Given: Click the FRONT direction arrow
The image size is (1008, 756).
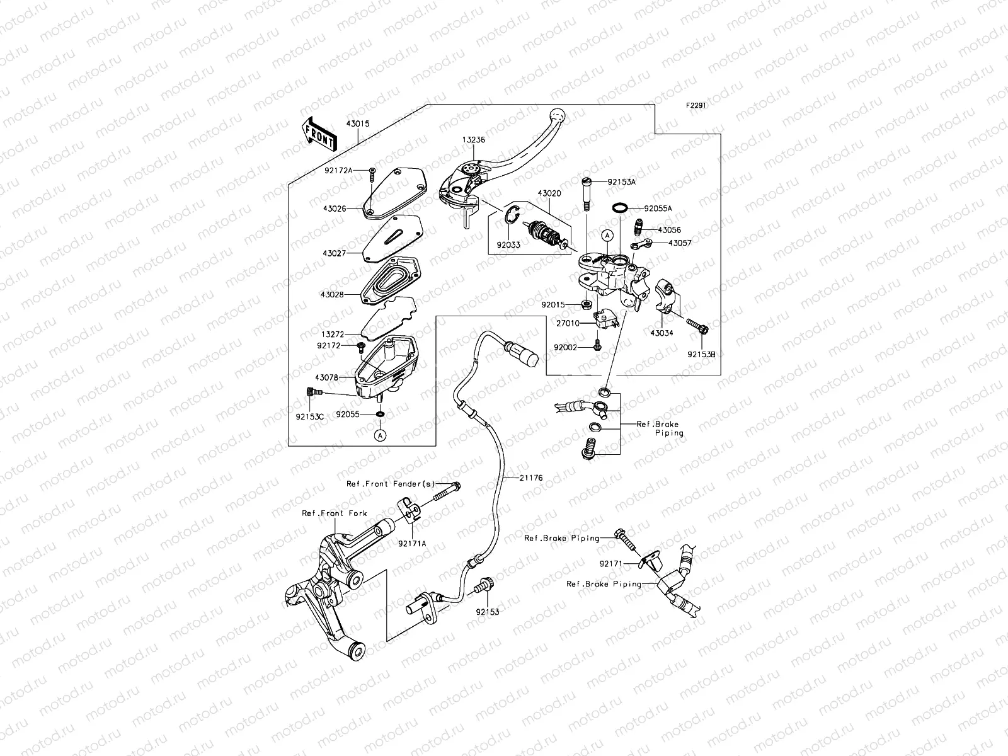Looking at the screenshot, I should tap(320, 135).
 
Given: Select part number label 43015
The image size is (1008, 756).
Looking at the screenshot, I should tap(357, 123).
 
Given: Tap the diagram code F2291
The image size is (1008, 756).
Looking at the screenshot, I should tap(696, 106).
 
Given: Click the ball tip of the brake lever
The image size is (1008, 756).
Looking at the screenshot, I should tap(556, 115).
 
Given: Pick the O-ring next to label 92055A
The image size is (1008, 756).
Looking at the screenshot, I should tap(620, 208).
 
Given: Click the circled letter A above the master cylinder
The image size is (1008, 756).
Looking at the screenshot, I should tap(607, 235).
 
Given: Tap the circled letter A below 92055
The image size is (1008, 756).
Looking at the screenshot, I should tap(380, 435).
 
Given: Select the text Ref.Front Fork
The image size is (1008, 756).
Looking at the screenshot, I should tap(334, 513).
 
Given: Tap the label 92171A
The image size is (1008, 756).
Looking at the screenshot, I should tap(412, 542).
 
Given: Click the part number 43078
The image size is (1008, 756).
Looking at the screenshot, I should tap(327, 377).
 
